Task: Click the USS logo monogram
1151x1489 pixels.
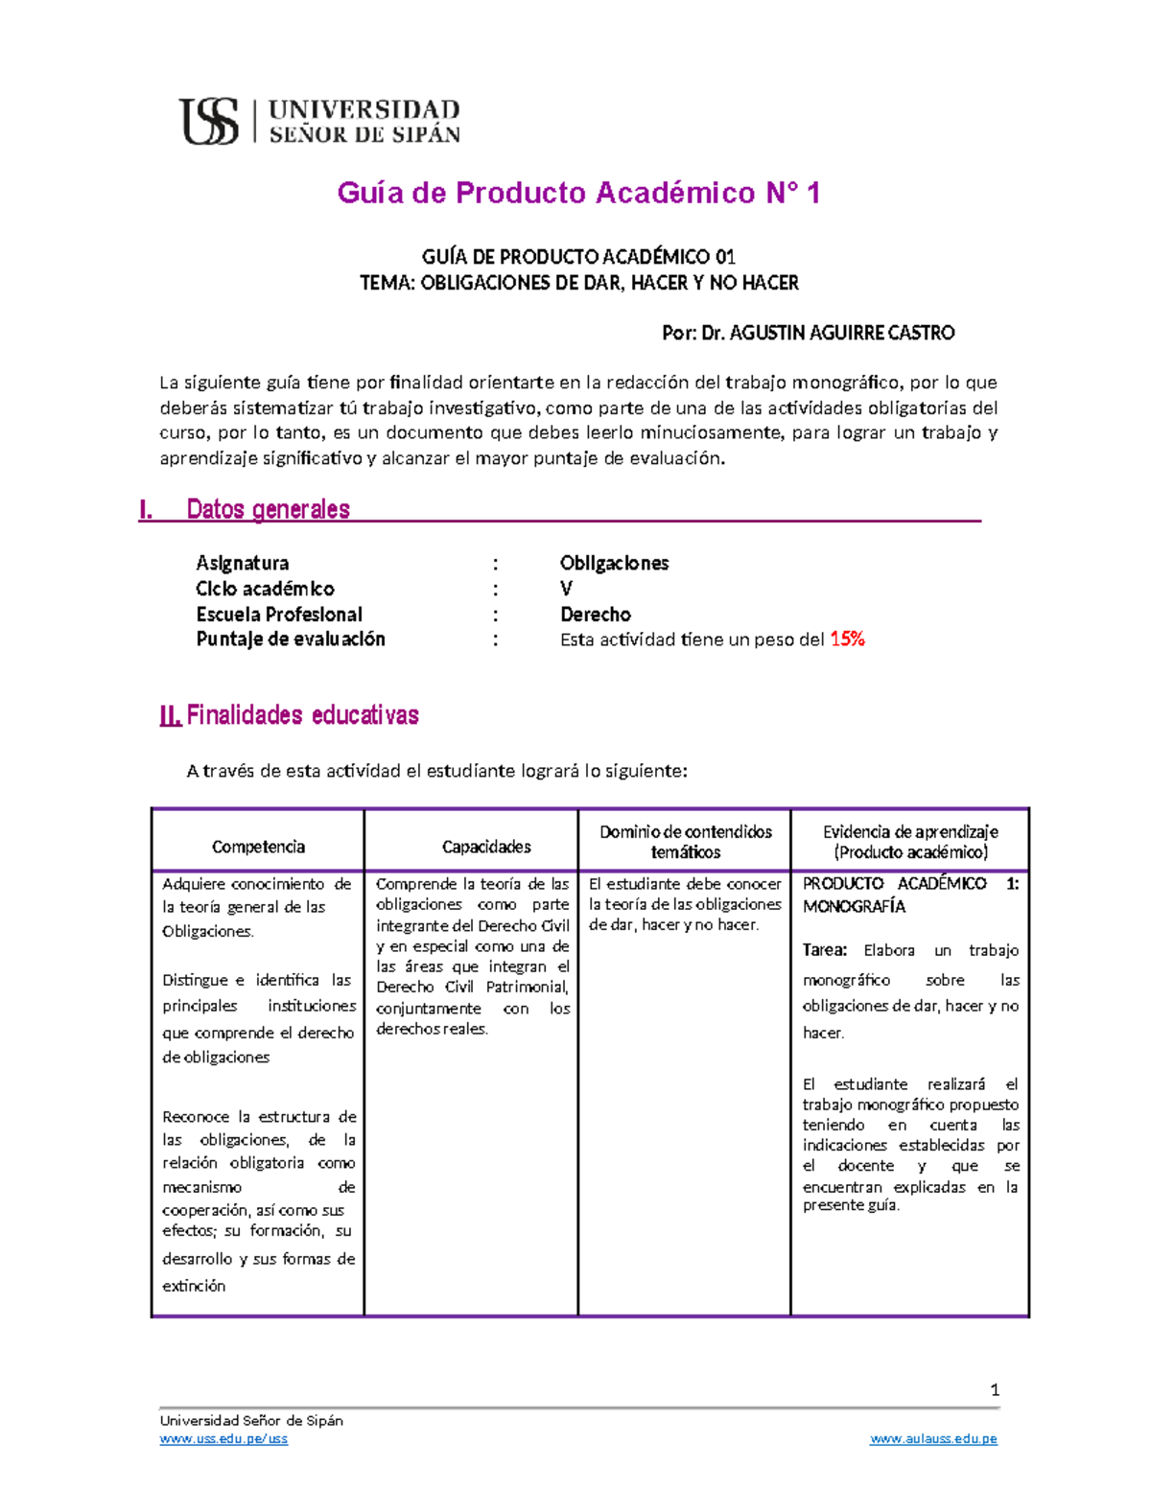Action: (x=209, y=122)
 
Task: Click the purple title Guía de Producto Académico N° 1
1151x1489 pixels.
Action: (x=578, y=193)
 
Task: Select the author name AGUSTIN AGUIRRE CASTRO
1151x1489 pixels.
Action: (x=841, y=333)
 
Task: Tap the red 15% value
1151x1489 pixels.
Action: (x=847, y=640)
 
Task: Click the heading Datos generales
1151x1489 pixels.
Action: (x=268, y=509)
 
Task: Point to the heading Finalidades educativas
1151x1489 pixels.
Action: (x=302, y=715)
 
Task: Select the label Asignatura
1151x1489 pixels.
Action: (x=242, y=563)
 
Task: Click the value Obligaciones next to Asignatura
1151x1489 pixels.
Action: (x=614, y=563)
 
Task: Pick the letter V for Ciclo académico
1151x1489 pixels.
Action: (x=566, y=589)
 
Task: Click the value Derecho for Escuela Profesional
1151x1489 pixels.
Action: (x=595, y=615)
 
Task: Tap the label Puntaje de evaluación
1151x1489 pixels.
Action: (x=291, y=640)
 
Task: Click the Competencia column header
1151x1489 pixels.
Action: (x=258, y=847)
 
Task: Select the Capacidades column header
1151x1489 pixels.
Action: (x=486, y=847)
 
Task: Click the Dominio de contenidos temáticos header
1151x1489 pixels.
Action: (x=685, y=842)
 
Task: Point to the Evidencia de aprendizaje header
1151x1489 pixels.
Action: (x=910, y=842)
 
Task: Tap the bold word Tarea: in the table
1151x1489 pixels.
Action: (x=825, y=950)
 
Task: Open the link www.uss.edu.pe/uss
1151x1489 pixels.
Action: (x=223, y=1439)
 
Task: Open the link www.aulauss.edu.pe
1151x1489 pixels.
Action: (x=933, y=1439)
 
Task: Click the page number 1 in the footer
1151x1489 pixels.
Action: (x=995, y=1390)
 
